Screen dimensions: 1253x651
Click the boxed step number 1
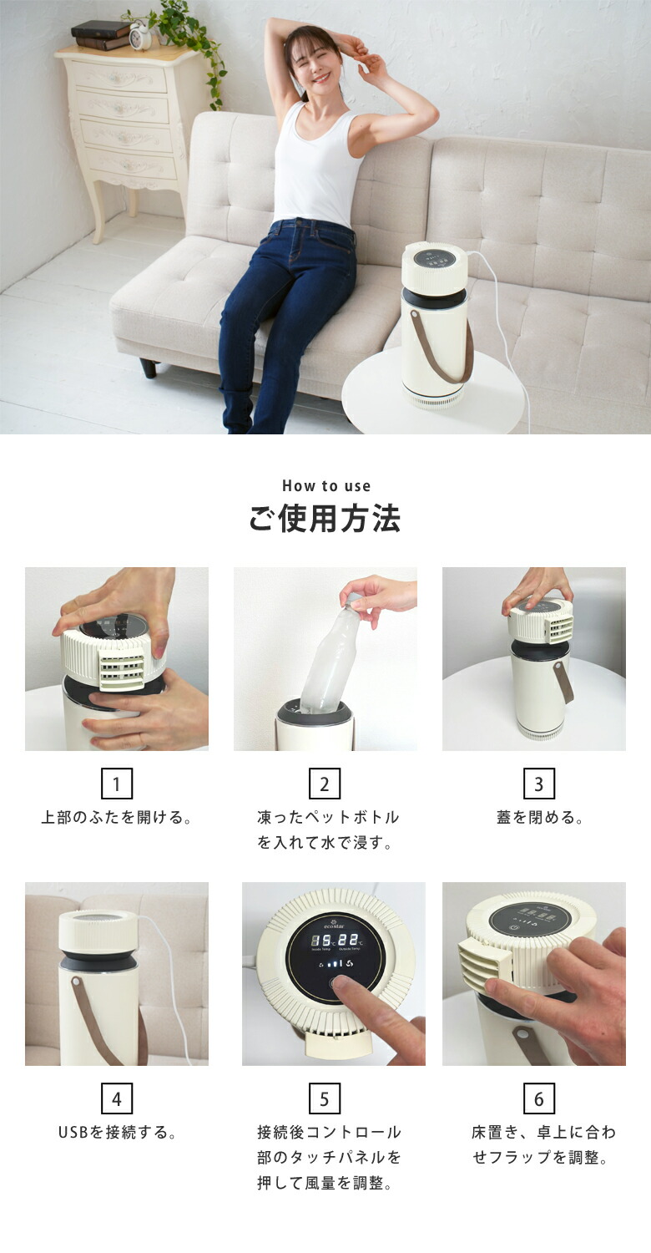click(117, 784)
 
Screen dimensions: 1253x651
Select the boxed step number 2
click(325, 784)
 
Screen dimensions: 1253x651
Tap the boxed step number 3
click(539, 784)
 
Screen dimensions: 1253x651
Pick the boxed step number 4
click(117, 1099)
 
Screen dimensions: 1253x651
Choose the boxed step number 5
click(325, 1099)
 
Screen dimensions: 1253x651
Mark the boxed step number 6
click(539, 1099)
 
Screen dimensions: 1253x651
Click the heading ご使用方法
click(325, 519)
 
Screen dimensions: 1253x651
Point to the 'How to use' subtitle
click(325, 486)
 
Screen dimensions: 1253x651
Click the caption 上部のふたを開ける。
click(117, 818)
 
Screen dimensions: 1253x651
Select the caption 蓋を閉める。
click(539, 818)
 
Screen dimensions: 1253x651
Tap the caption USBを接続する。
click(117, 1134)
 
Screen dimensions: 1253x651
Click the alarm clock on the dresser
click(140, 36)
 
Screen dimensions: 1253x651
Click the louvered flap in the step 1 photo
click(121, 671)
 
